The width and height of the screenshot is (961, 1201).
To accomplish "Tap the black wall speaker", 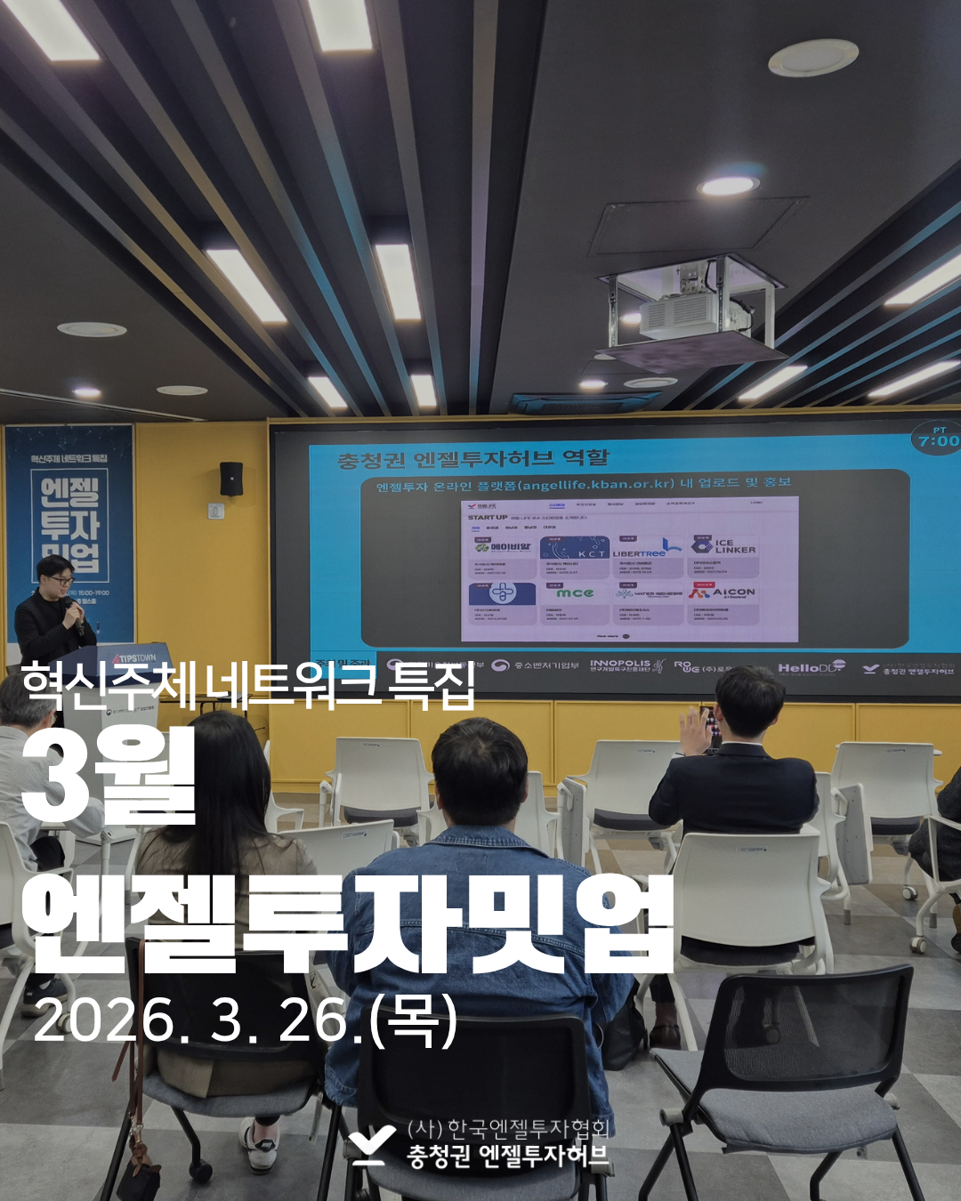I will click(x=231, y=479).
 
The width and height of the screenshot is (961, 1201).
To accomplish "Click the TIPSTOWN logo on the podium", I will click(x=133, y=658).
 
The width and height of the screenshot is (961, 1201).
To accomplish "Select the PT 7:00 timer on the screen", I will click(x=938, y=438).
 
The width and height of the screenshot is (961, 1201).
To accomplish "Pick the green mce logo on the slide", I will click(x=575, y=593).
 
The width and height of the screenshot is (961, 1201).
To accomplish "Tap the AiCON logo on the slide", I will click(x=723, y=592).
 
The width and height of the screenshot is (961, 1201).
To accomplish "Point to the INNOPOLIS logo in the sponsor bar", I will click(x=620, y=665).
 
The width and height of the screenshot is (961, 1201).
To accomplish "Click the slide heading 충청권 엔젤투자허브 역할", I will click(x=472, y=459).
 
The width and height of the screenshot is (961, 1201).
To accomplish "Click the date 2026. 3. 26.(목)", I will click(x=245, y=1020).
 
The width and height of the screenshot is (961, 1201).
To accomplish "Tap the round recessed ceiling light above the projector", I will click(x=728, y=186).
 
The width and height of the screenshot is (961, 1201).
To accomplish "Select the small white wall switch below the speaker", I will click(x=215, y=511).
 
